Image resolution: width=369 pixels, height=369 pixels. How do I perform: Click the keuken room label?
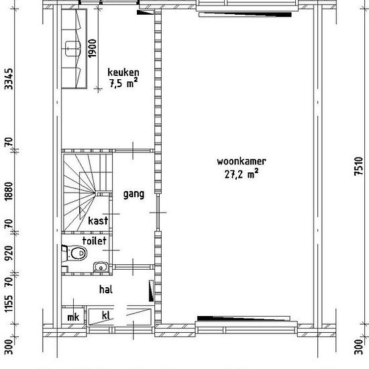coord(123,72)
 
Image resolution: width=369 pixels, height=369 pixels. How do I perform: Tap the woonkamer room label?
coord(242,162)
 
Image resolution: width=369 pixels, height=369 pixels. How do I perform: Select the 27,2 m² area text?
coord(242,174)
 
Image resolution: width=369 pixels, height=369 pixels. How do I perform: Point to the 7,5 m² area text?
coord(123,83)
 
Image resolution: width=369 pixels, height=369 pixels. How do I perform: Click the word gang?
coord(134,195)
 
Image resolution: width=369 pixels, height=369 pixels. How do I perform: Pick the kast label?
coord(98,221)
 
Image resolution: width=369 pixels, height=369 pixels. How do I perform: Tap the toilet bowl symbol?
coord(76,253)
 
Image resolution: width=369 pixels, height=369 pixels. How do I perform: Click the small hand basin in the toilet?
coord(101,267)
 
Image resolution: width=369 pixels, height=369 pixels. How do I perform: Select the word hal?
coord(106,289)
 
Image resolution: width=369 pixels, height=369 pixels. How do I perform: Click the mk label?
coord(73,317)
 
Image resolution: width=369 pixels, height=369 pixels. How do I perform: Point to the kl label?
coord(106,315)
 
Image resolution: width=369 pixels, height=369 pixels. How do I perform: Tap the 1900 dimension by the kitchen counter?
coord(93,48)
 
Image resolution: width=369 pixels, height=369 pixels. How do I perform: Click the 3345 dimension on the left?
coord(9,79)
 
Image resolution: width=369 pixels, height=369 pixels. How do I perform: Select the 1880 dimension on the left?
coord(9,191)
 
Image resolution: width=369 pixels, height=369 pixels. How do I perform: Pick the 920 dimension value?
coord(9,253)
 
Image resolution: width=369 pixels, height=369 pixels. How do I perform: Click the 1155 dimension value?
coord(9,304)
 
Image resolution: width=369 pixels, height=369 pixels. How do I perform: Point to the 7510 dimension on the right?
coord(358,166)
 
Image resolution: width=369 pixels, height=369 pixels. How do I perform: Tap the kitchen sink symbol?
coord(73,48)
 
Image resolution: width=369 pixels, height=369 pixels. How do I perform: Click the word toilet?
coord(94,241)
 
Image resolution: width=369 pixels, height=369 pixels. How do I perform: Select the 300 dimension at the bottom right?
coord(358,347)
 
